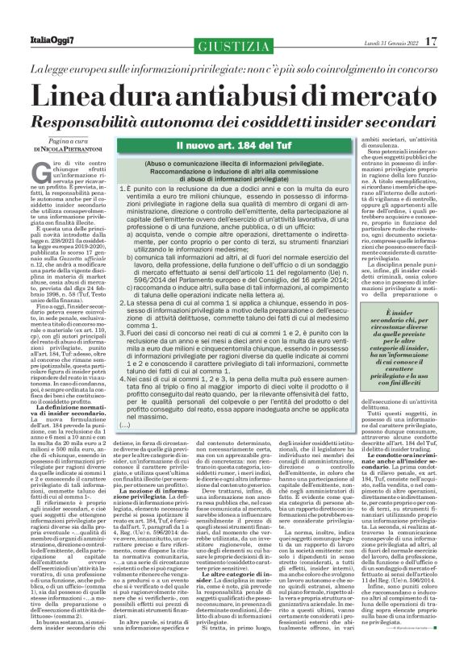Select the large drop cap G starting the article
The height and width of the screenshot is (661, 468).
pyautogui.click(x=39, y=169)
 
